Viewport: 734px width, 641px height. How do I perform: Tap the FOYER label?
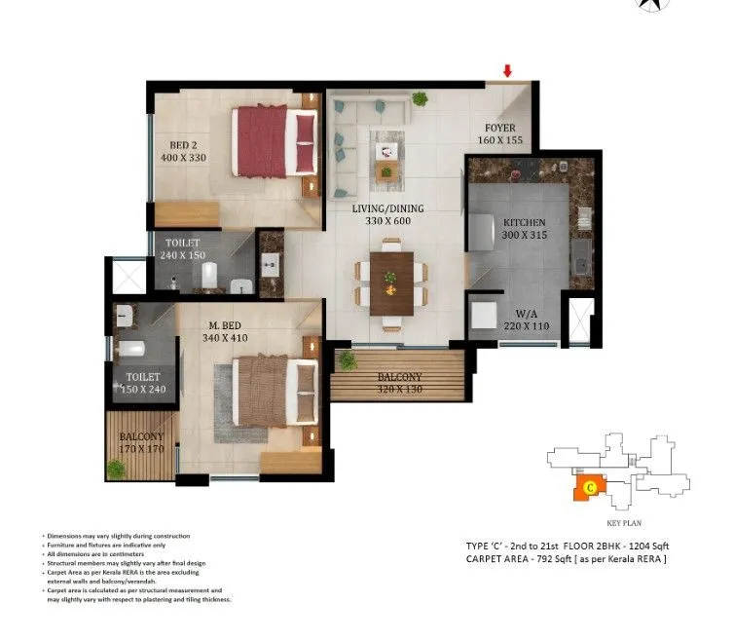(x=500, y=128)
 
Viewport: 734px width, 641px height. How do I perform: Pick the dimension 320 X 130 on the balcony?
(x=399, y=391)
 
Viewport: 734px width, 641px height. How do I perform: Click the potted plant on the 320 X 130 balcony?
(x=348, y=362)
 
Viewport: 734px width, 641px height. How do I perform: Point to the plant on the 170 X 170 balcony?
(x=116, y=470)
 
